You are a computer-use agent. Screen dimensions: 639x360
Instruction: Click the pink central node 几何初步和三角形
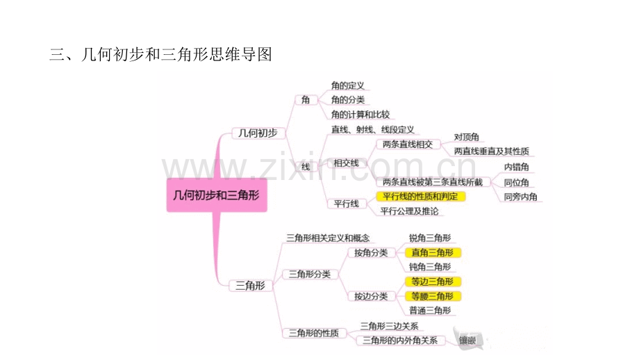coord(217,195)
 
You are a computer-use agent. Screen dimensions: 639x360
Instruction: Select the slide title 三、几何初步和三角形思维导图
coord(160,54)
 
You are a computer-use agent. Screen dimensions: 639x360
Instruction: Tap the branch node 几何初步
coord(258,133)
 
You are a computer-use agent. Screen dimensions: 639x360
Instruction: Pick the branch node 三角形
coord(250,286)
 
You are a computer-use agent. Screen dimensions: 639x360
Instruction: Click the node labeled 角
coord(306,99)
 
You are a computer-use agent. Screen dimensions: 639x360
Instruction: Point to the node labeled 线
coord(306,167)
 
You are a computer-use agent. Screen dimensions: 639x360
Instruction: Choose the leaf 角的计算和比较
coord(360,115)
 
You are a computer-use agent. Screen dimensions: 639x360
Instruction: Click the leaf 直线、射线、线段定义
coord(372,130)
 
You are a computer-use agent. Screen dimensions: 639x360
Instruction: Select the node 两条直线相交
coord(408,145)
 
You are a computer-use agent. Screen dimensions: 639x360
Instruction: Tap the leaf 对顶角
coord(467,137)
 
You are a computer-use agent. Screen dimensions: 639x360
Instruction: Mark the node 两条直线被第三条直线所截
coord(433,182)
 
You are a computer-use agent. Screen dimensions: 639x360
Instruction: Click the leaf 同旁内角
coord(520,197)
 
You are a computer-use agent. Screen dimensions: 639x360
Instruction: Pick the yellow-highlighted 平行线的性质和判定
coord(421,197)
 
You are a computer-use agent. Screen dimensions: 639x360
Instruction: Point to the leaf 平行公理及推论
coord(409,211)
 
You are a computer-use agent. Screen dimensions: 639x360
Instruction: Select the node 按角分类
coord(371,253)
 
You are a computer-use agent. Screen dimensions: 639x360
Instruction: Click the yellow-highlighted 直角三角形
coord(433,253)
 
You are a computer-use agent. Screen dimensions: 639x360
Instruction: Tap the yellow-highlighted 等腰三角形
coord(433,296)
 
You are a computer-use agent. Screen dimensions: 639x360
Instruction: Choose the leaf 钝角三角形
coord(430,267)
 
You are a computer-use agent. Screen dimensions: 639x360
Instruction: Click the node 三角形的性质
coord(314,333)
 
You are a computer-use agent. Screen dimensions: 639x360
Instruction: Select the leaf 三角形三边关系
coord(389,326)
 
